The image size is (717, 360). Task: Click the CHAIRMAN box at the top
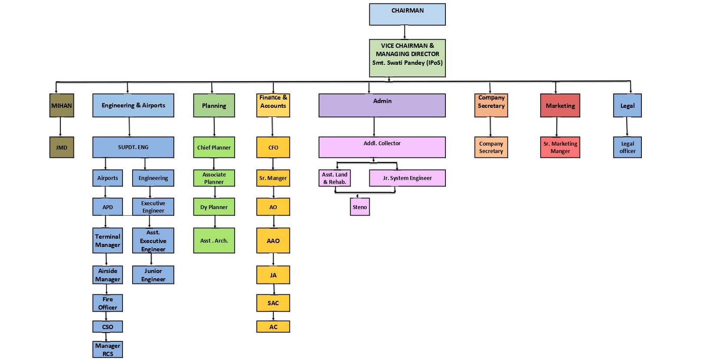click(407, 14)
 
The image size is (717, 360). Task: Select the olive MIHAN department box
click(62, 105)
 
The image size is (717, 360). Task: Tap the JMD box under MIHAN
click(62, 147)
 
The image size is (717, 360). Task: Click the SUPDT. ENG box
click(133, 147)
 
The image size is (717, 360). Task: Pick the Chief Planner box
click(214, 147)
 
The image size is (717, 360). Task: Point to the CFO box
click(273, 147)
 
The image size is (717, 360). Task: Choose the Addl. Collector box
click(382, 147)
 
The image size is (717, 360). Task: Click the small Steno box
click(360, 207)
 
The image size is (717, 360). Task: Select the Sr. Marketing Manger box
click(560, 147)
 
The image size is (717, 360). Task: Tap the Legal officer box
click(627, 147)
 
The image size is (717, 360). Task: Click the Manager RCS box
click(108, 350)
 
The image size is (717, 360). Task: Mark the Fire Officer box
click(108, 303)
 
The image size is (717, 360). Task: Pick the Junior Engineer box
click(153, 275)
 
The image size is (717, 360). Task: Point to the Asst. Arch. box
click(214, 240)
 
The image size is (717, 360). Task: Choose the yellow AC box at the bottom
click(273, 327)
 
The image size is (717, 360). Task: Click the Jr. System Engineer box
click(407, 178)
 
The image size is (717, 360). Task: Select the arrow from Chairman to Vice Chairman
click(405, 32)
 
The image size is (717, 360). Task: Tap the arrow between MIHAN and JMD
click(60, 127)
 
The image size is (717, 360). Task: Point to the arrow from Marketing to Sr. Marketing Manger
click(557, 127)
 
